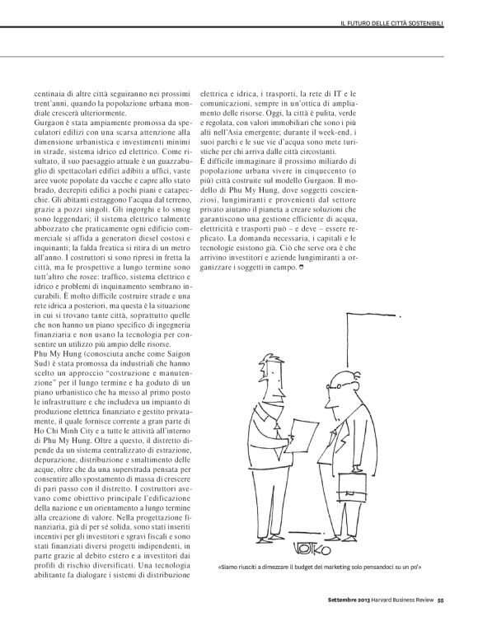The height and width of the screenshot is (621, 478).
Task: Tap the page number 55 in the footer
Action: (441, 611)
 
